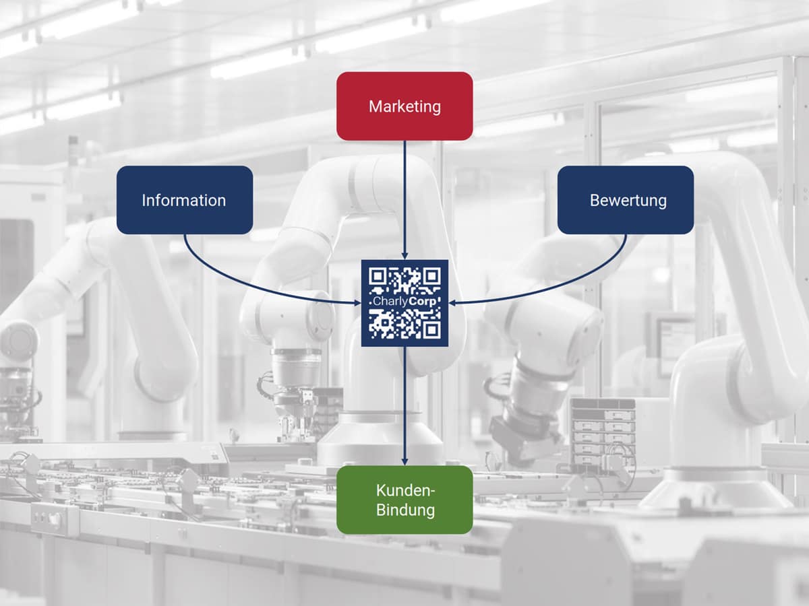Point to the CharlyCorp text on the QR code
click(x=404, y=303)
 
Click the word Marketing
click(x=404, y=106)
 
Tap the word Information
click(x=183, y=200)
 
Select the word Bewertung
click(x=628, y=200)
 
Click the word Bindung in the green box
click(x=404, y=510)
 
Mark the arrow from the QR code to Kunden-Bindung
click(x=404, y=404)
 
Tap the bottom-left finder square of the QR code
click(x=378, y=329)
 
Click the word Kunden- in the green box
click(x=404, y=490)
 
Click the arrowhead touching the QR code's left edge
click(x=357, y=303)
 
